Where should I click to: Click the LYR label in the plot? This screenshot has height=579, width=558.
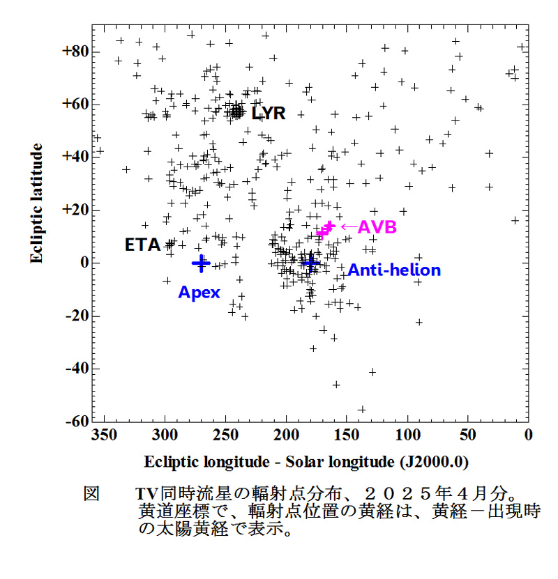point(269,113)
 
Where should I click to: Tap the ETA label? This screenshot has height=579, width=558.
point(142,245)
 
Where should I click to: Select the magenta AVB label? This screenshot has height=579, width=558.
point(377,227)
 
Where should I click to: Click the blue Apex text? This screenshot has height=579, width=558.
point(199,293)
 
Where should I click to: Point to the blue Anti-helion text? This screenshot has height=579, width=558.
point(394,270)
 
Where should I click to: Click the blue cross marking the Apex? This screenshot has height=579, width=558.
point(201,263)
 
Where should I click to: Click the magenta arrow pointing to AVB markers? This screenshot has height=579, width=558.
point(347,226)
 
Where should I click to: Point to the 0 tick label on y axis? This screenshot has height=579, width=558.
point(83,263)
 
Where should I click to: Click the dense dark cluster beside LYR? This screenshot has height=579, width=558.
point(237,111)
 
